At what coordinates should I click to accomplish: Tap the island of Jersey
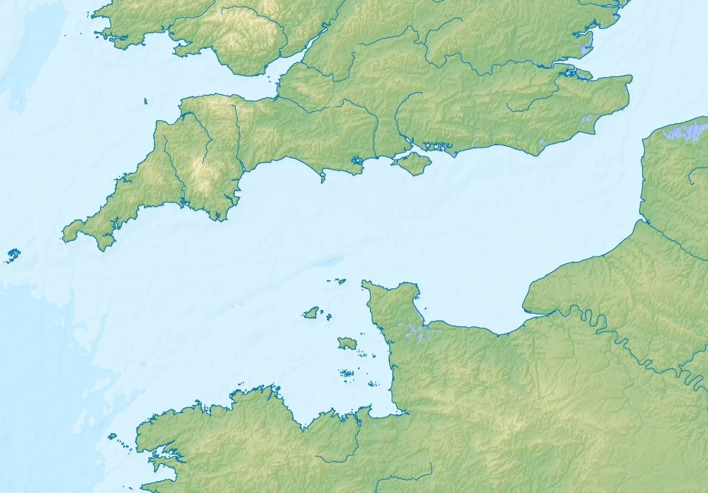point(346,343)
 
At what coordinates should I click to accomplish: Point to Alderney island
point(340,282)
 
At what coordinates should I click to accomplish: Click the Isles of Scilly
point(13,257)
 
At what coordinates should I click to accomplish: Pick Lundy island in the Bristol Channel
point(145,102)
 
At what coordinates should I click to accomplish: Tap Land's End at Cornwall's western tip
point(64,236)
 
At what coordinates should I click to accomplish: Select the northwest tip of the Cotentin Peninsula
point(363,283)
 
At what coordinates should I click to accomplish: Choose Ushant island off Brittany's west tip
point(112,437)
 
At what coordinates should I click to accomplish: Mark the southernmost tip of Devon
point(217,219)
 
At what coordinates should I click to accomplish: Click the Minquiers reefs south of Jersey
point(345,374)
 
